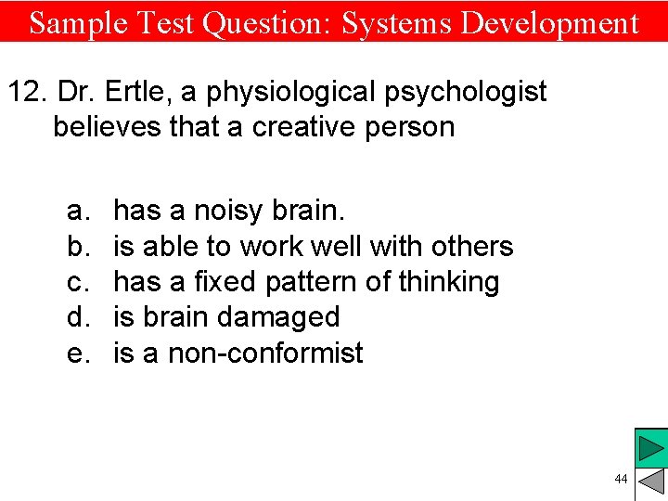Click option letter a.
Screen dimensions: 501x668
tap(76, 212)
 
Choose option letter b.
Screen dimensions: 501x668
tap(76, 247)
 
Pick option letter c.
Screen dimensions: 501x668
tap(76, 282)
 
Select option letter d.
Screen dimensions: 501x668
tap(76, 317)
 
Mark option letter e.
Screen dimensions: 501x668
tap(76, 353)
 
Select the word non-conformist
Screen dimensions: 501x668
tap(266, 353)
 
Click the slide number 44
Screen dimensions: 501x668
tap(621, 479)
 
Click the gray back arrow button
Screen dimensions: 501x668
tap(652, 482)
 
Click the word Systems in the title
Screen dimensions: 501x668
tap(396, 22)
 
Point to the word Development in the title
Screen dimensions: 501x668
tap(549, 22)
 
